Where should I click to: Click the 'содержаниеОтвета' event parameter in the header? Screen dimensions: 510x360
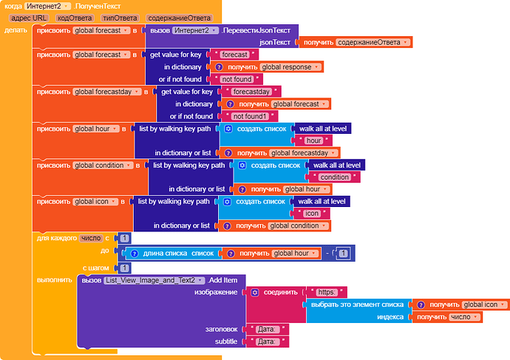point(179,18)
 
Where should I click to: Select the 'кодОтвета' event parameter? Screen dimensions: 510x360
point(75,18)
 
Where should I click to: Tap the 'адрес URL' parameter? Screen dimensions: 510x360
point(29,18)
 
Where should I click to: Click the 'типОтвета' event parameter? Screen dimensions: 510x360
point(120,18)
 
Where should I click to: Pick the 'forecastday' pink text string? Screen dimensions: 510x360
point(251,92)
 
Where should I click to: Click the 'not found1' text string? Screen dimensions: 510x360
point(250,116)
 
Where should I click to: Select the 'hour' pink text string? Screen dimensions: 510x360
point(314,140)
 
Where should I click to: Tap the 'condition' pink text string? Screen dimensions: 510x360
point(334,177)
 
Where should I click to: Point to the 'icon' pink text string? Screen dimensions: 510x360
point(312,214)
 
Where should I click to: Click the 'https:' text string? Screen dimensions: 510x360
point(327,292)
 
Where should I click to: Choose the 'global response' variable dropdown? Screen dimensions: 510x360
point(290,67)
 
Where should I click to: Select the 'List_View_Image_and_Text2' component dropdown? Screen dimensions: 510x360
point(154,280)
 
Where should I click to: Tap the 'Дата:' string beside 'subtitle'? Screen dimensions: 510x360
point(267,342)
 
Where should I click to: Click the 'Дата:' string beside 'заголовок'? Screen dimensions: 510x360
point(267,330)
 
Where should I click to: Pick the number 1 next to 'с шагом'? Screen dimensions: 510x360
point(125,268)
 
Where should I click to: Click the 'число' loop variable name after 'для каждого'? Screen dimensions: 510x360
point(91,238)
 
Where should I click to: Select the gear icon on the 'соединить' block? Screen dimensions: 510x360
point(255,292)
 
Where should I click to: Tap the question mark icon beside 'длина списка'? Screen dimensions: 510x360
point(135,254)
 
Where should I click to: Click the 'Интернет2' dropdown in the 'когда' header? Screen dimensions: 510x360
point(47,6)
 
